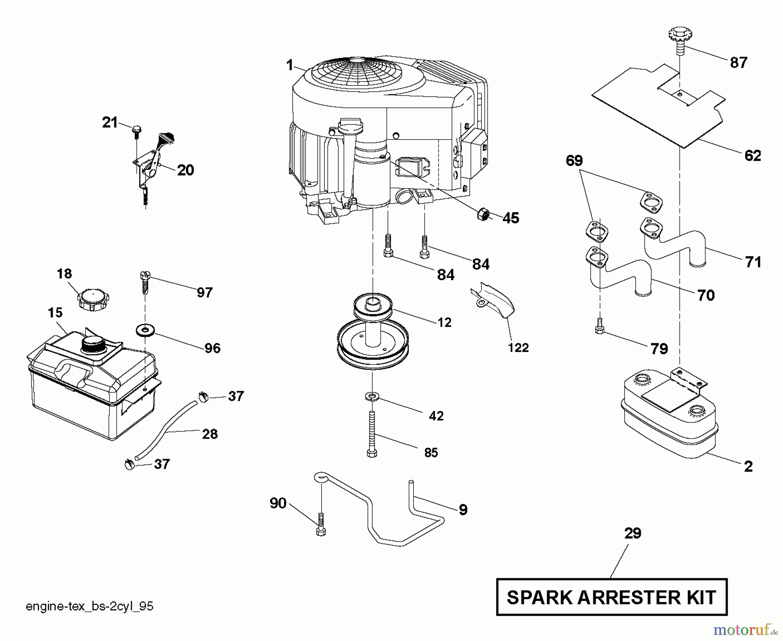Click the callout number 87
point(738,63)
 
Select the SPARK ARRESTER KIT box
point(611,597)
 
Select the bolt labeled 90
point(321,524)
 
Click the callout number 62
point(753,155)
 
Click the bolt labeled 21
point(136,130)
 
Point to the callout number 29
point(632,534)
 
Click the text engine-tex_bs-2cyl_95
point(90,606)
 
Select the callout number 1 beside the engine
point(290,65)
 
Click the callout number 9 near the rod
point(463,510)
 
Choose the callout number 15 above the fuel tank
point(55,312)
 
